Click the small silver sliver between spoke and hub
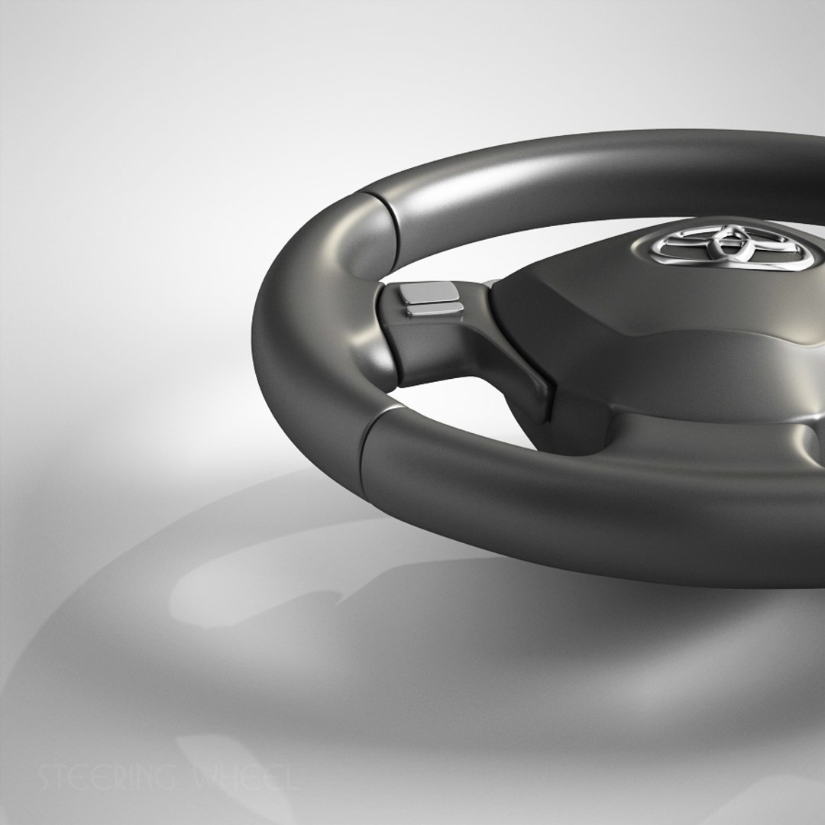click(487, 284)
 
